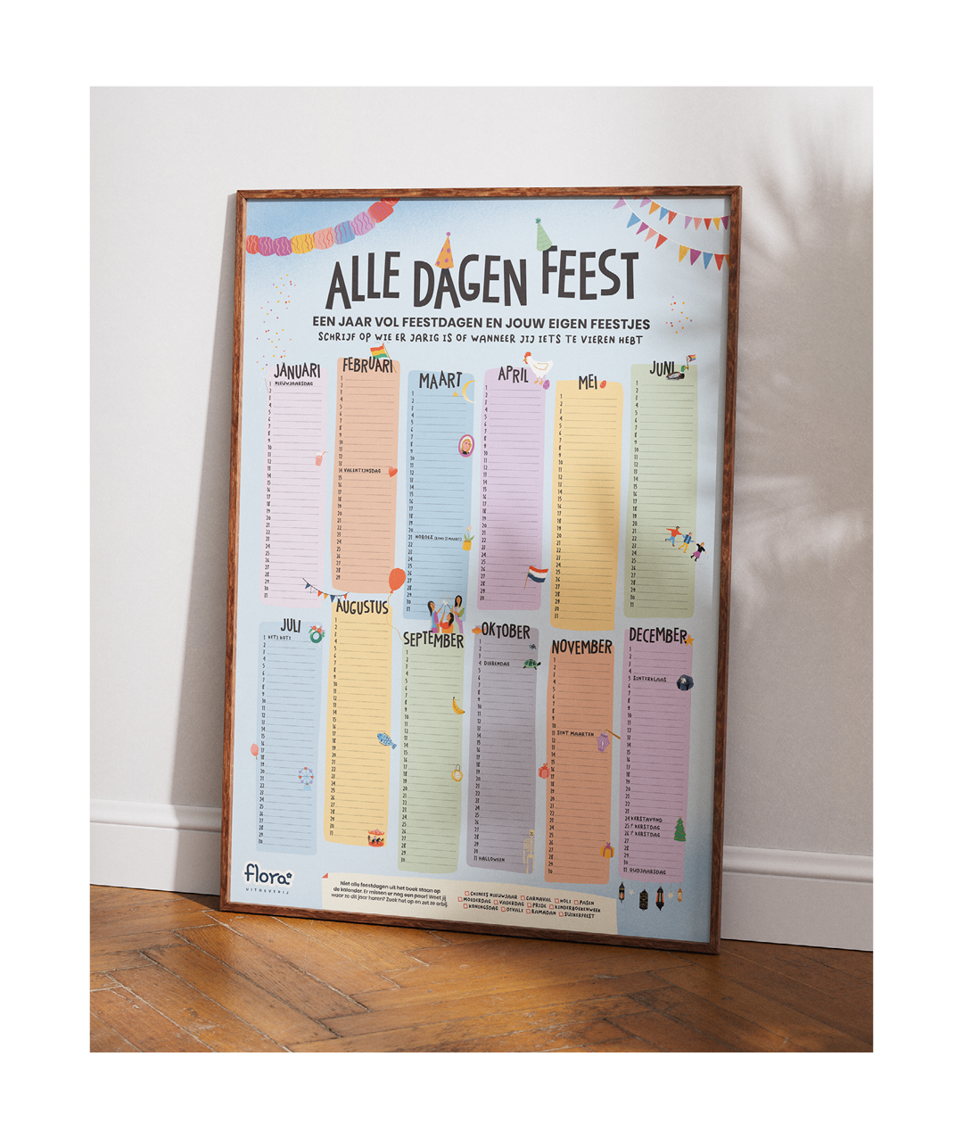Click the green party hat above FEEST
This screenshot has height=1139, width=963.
coord(543,234)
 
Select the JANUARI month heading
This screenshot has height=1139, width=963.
coord(297,370)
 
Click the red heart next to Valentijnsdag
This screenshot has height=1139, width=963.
coord(392,471)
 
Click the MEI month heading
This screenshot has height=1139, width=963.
coord(587,383)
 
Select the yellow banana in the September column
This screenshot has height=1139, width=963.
coord(457,706)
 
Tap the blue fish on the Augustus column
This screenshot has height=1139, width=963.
coord(385,739)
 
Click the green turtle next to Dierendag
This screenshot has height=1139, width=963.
coord(531,663)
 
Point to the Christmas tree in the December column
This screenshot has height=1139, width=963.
coord(679,829)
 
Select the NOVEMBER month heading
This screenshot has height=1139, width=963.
coord(581,647)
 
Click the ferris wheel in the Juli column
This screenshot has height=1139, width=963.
coord(306,777)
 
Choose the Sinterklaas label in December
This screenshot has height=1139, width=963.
coord(650,679)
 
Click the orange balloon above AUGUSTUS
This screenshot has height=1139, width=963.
coord(395,581)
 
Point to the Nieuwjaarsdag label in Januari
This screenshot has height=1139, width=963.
coord(294,384)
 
